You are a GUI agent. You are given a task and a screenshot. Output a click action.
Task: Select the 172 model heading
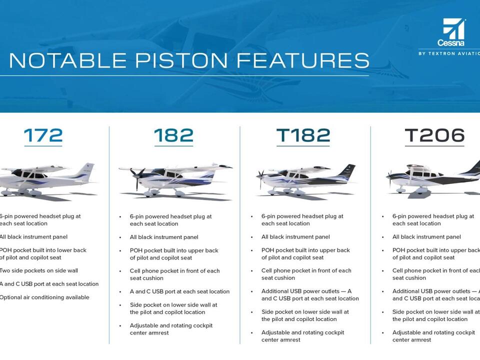[x=43, y=135]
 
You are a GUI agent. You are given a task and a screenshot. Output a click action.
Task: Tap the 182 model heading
[x=173, y=135]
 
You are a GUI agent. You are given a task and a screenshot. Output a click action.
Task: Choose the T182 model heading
[x=303, y=135]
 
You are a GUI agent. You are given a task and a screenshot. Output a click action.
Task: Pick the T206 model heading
[x=434, y=135]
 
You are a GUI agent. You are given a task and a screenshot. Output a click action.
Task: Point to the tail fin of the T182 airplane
[x=346, y=171]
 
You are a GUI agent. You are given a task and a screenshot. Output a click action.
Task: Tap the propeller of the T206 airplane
[x=389, y=176]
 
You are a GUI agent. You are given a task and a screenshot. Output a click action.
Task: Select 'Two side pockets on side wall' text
[x=38, y=271]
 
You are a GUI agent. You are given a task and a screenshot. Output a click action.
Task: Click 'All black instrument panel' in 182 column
[x=164, y=237]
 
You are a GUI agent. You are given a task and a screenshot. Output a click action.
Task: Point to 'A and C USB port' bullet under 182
[x=179, y=291]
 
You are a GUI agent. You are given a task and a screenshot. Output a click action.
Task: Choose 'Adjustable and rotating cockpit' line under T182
[x=302, y=332]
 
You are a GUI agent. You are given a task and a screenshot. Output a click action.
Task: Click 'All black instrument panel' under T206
[x=426, y=237]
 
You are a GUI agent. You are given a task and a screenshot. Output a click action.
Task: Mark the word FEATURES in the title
[x=303, y=60]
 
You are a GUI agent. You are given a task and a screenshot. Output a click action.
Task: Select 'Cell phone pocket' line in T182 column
[x=306, y=270]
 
